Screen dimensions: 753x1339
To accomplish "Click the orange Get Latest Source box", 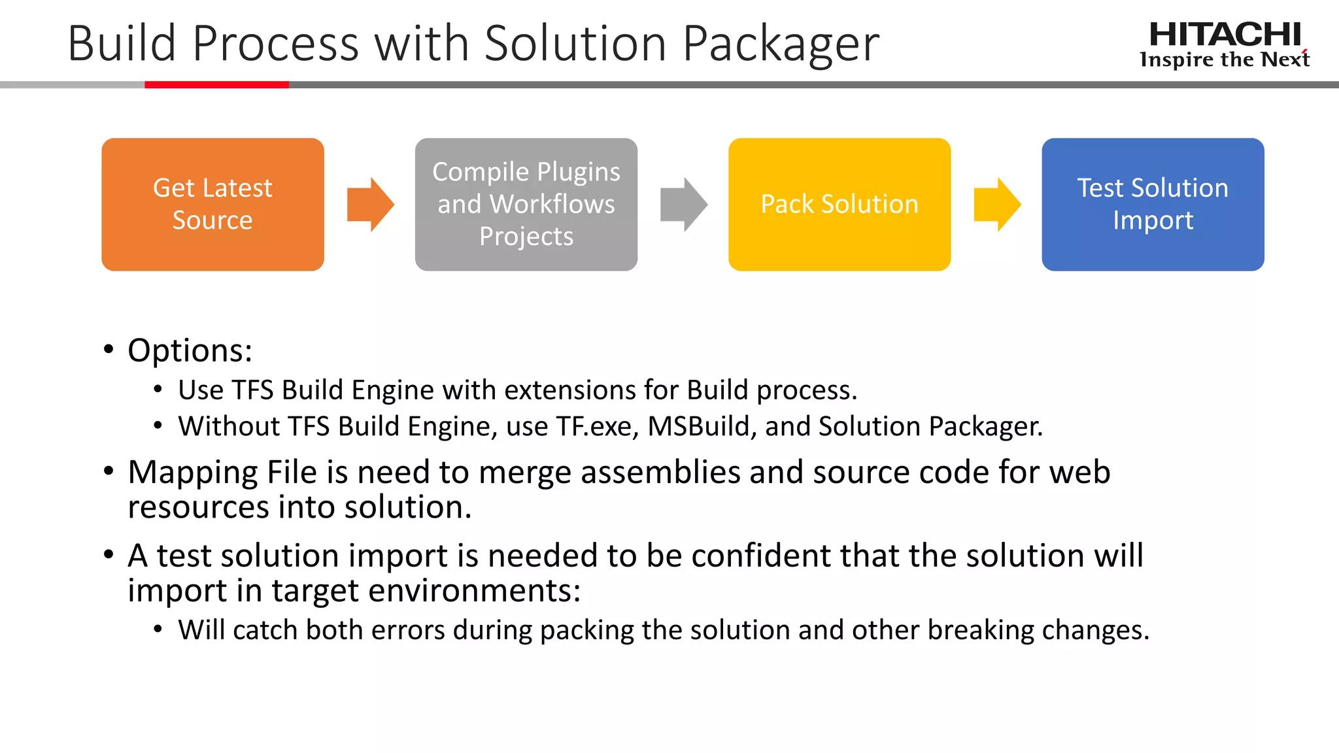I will tap(212, 204).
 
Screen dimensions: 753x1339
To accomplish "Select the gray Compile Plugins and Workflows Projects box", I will tap(526, 204).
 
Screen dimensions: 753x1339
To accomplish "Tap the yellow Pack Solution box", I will tap(839, 204).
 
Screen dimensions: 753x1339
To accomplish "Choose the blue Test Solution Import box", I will tap(1152, 204).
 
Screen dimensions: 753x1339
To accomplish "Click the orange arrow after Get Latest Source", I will tap(370, 204).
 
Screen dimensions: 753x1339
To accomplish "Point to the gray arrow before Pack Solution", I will tap(683, 204).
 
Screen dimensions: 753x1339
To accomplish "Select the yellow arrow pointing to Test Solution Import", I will tap(997, 204).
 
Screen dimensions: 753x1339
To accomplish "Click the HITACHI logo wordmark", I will tap(1225, 34).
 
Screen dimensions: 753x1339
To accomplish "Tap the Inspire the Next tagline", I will tap(1224, 60).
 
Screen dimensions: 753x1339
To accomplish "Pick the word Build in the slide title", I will tap(122, 44).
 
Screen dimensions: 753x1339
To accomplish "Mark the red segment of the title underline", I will tap(216, 84).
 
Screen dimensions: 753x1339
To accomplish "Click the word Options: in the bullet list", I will tap(190, 350).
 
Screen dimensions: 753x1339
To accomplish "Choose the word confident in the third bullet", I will tap(761, 556).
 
